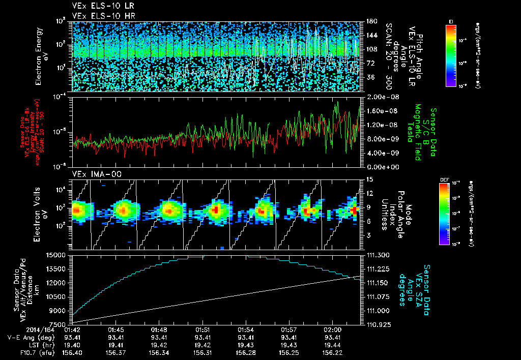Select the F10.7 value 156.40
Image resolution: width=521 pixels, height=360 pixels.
(x=73, y=352)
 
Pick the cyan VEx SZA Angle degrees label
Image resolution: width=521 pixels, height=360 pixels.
(x=413, y=285)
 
